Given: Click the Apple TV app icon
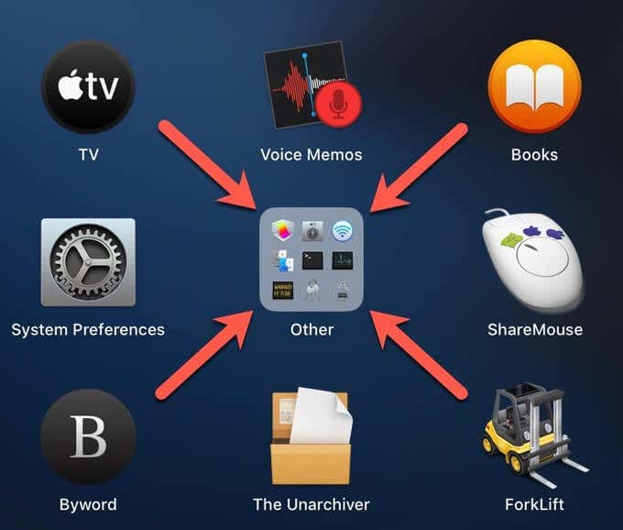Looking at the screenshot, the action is coord(88,86).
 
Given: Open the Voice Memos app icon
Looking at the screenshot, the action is coord(312,84).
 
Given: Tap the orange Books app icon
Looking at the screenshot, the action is coord(535,86).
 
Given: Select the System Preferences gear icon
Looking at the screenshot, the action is coord(88,262).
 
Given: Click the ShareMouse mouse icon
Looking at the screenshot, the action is coord(533,260).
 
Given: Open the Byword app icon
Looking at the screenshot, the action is coord(88,436).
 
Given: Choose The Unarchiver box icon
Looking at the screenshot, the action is coord(311,436).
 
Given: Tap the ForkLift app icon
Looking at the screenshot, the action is coord(535,436).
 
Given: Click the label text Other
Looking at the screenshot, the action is coord(311,329).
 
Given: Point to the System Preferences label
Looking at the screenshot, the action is coord(88,329).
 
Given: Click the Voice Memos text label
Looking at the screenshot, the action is coord(311,155).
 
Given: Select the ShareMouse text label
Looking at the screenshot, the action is coord(535,329).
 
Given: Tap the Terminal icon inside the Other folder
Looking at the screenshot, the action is coord(312,260).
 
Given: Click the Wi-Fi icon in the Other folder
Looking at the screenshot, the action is coord(342,231).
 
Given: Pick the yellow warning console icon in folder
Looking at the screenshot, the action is coord(282,291).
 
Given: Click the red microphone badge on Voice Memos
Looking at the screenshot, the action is coord(339,105).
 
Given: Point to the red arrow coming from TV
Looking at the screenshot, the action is coord(207,165).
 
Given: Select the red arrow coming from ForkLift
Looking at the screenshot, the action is coord(419,355).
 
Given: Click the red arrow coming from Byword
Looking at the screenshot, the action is coord(204,355).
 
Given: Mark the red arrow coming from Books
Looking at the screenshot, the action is coord(419,168).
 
